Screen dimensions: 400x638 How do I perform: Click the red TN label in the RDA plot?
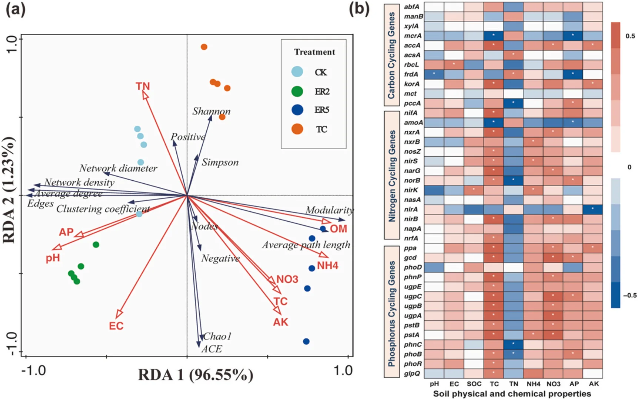click(143, 86)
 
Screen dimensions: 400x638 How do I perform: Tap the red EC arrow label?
click(116, 326)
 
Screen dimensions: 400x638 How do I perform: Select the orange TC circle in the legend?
click(297, 129)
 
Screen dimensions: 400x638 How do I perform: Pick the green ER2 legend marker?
click(297, 91)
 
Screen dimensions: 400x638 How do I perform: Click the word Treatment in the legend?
click(315, 52)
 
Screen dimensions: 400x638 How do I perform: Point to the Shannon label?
click(211, 111)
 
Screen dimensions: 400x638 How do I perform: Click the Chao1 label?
click(217, 336)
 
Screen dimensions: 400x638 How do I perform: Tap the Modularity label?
click(329, 210)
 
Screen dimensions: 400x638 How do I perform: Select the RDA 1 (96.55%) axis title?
click(195, 375)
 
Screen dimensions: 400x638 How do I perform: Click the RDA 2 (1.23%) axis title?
click(9, 190)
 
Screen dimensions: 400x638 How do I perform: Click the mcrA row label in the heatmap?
click(413, 36)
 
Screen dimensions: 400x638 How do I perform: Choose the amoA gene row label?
click(413, 123)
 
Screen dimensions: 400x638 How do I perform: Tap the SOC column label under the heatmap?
click(474, 384)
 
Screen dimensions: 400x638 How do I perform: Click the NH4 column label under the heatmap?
click(534, 384)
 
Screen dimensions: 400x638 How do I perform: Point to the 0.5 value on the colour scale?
click(630, 36)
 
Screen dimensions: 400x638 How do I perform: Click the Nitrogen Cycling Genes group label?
click(392, 176)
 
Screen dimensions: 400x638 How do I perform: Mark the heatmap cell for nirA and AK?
click(593, 210)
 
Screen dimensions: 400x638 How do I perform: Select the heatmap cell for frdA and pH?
click(434, 74)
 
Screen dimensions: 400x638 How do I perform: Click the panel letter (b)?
click(359, 9)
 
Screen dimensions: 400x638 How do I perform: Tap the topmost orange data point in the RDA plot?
click(204, 47)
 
